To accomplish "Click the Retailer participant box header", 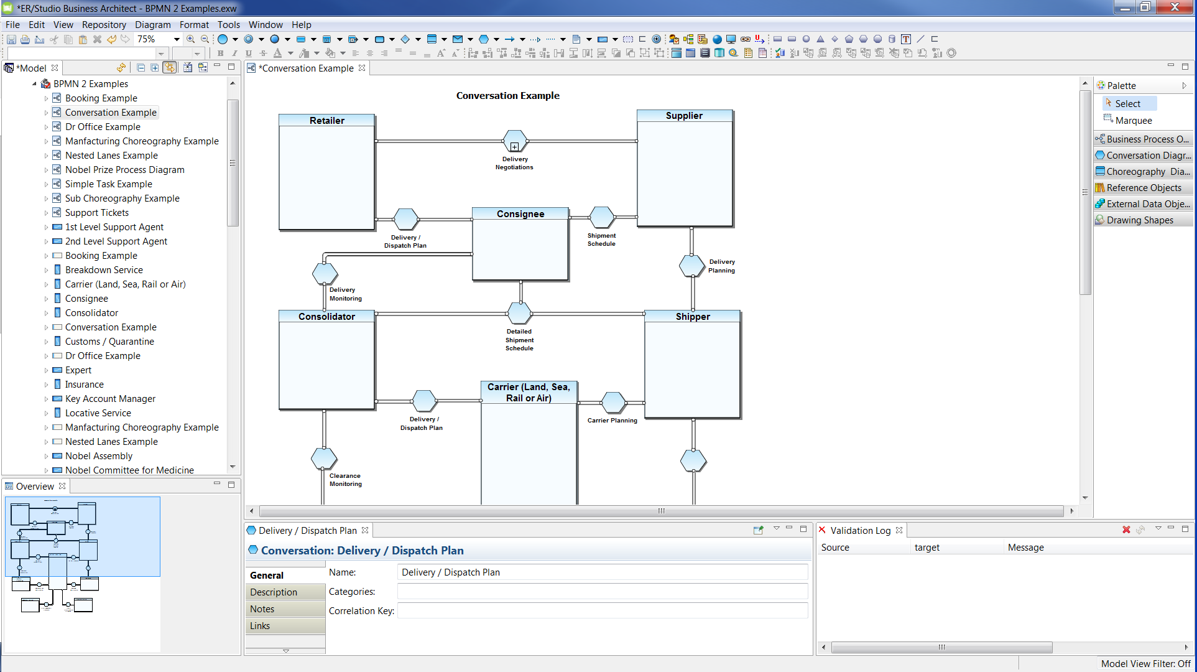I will (326, 120).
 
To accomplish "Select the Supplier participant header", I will (684, 116).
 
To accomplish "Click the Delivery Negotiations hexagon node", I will (515, 142).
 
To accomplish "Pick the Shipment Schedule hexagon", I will (601, 217).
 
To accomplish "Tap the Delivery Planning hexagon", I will (691, 266).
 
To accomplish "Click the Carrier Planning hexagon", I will (613, 403).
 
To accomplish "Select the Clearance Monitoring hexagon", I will (324, 459).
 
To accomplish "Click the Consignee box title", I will (520, 213).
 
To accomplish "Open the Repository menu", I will (104, 25).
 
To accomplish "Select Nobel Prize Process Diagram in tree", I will (124, 170).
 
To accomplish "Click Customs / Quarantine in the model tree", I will (109, 342).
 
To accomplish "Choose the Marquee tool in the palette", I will (1133, 121).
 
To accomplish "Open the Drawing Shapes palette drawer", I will (1139, 220).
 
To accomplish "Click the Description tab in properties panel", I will (274, 592).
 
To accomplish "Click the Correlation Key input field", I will (602, 611).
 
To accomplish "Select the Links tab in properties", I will (260, 626).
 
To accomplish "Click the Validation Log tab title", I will (860, 531).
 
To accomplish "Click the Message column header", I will (1025, 548).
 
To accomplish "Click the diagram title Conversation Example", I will (507, 96).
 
